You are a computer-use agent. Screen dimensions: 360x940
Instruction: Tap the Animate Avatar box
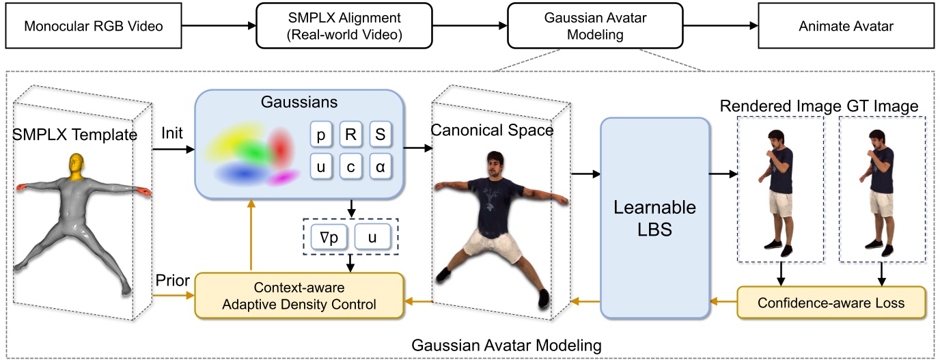point(846,27)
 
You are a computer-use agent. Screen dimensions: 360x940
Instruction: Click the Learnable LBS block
point(655,218)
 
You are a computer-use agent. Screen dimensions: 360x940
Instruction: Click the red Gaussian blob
point(281,146)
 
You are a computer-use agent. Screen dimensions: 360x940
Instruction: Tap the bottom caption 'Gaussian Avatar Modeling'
point(506,346)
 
